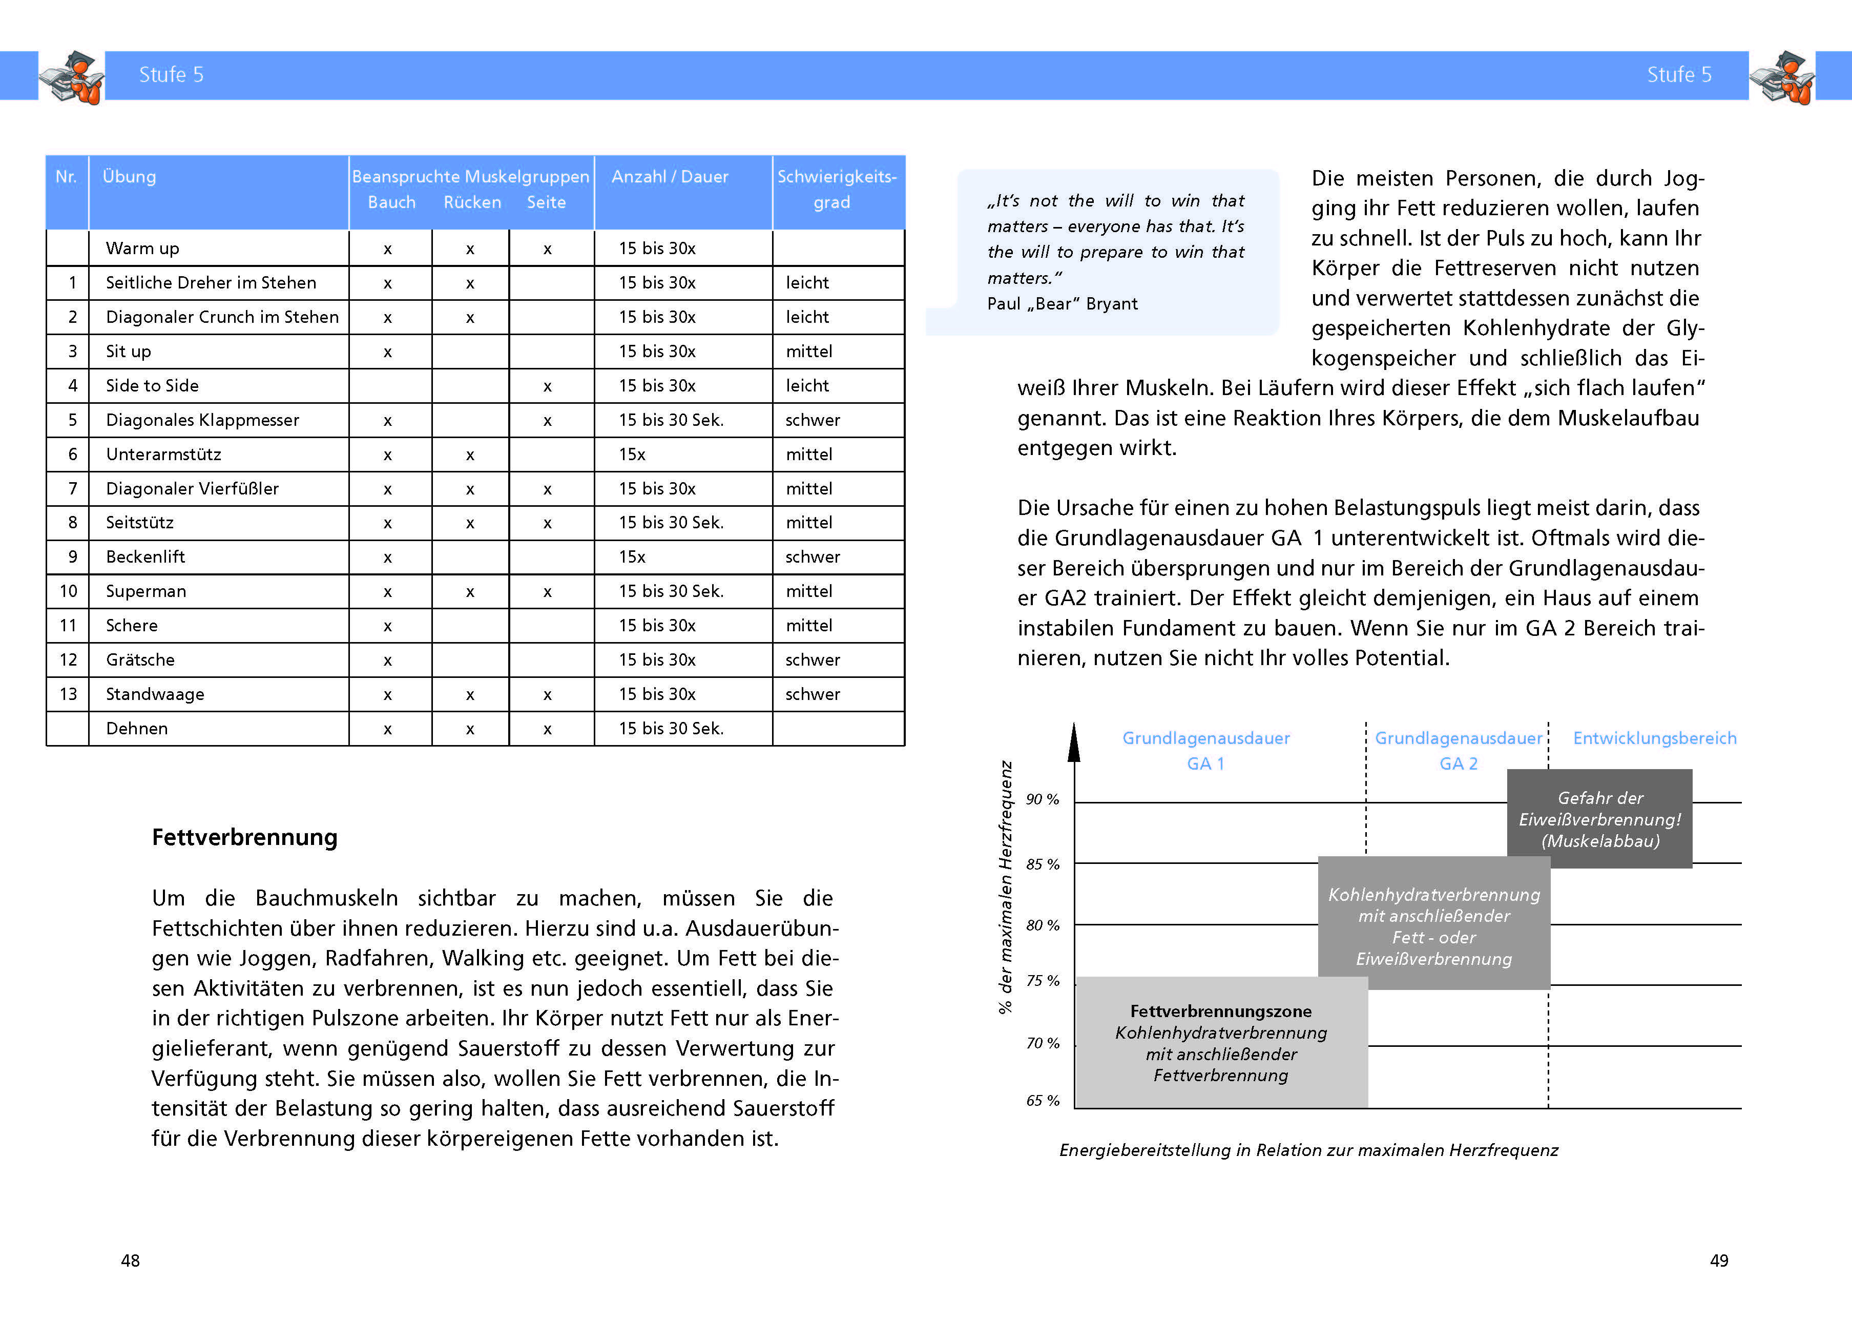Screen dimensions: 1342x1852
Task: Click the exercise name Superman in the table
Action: (x=146, y=591)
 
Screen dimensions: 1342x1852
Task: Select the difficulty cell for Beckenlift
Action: (x=813, y=557)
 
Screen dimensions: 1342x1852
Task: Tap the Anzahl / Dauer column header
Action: (x=670, y=176)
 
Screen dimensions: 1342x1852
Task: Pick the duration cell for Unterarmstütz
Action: (x=632, y=454)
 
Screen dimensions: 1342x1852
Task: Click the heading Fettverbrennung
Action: (x=244, y=837)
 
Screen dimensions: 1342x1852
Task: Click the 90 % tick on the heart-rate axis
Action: (x=1043, y=800)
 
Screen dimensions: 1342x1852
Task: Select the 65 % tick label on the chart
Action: (x=1043, y=1100)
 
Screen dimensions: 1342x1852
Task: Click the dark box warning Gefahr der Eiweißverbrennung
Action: (x=1599, y=818)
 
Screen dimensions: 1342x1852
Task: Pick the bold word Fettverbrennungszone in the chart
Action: (x=1221, y=1011)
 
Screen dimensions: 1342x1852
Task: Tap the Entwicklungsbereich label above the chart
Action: (x=1654, y=738)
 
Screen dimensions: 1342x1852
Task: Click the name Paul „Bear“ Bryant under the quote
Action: (x=1063, y=304)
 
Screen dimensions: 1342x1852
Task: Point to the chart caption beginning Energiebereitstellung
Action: (x=1308, y=1150)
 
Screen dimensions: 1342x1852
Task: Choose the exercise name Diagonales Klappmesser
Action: (x=202, y=420)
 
